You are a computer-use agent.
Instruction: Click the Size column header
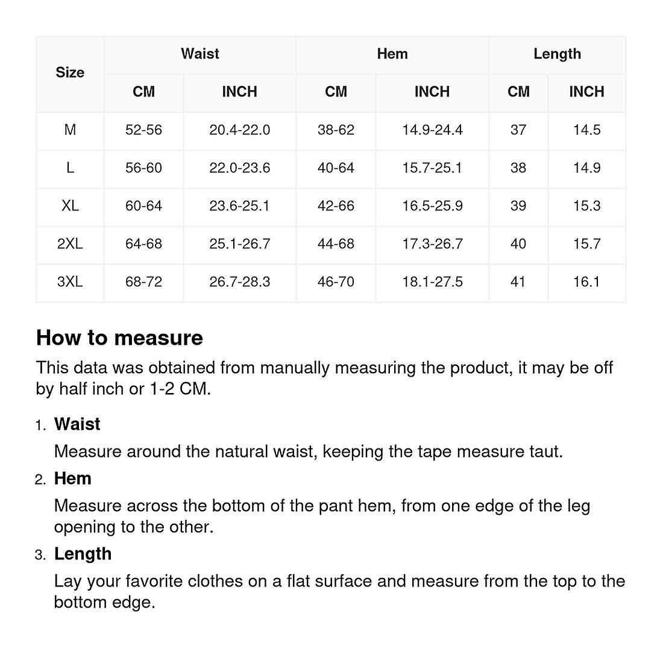coord(70,73)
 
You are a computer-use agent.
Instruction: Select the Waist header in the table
coord(200,54)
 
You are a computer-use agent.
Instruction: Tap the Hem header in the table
coord(392,54)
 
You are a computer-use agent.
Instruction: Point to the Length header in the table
coord(557,54)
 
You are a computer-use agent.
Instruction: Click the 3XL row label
coord(70,281)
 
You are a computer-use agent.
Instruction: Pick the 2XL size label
coord(70,244)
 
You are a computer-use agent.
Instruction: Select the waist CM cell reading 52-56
coord(143,130)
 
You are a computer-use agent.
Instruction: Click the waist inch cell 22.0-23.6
coord(239,168)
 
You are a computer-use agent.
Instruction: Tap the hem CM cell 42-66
coord(336,206)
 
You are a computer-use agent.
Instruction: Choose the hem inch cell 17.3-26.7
coord(432,244)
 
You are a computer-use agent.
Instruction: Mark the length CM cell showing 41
coord(518,281)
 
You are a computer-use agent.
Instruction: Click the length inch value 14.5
coord(586,130)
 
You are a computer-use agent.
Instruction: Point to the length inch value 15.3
coord(586,206)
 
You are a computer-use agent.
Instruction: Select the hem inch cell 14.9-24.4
coord(432,130)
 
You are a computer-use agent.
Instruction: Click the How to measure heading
coord(119,338)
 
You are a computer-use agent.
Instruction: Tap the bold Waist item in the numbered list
coord(77,424)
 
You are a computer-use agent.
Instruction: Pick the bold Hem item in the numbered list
coord(73,479)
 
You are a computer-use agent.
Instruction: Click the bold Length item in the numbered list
coord(83,554)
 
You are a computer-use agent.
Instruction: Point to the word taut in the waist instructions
coord(544,451)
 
